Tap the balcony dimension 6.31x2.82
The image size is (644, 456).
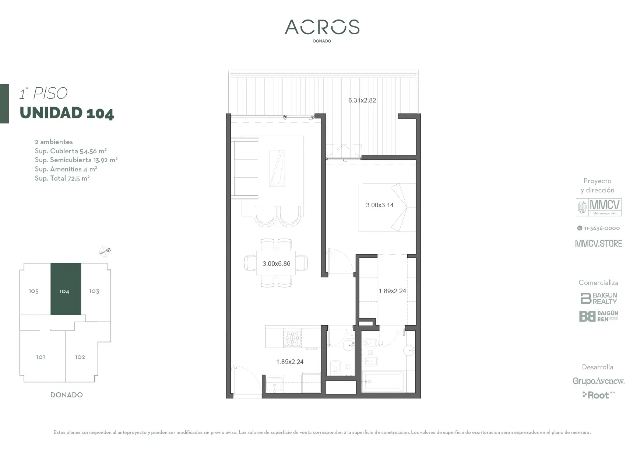tap(362, 100)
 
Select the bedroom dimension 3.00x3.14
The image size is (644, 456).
tap(380, 205)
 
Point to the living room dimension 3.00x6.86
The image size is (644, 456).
tap(276, 264)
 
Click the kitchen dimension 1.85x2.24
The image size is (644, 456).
tap(290, 362)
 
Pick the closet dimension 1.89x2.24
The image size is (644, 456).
tap(392, 291)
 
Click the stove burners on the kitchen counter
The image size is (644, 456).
tap(292, 339)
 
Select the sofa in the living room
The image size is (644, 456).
tap(245, 168)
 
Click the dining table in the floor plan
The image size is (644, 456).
tap(276, 263)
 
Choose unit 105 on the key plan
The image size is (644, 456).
tap(34, 291)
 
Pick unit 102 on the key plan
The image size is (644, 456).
tap(80, 357)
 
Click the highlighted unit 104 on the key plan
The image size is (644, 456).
tap(66, 289)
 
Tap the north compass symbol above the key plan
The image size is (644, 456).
tap(105, 251)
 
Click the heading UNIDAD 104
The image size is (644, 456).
tap(67, 113)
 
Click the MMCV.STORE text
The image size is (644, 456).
tap(598, 243)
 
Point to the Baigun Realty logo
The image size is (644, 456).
tap(599, 298)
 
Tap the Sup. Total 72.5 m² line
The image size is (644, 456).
tap(62, 178)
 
